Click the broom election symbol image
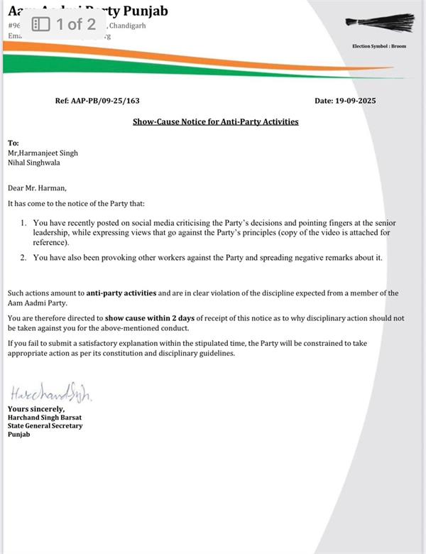(x=378, y=23)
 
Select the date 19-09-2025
(x=345, y=101)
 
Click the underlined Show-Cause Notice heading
(x=216, y=121)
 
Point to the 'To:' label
(x=13, y=143)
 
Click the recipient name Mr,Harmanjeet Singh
(x=43, y=153)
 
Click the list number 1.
(x=24, y=223)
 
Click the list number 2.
(x=24, y=257)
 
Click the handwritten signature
(x=50, y=393)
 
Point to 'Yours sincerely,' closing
(x=36, y=408)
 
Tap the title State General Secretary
(x=45, y=425)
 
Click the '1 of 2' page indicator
(x=76, y=24)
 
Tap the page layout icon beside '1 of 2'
(x=40, y=24)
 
